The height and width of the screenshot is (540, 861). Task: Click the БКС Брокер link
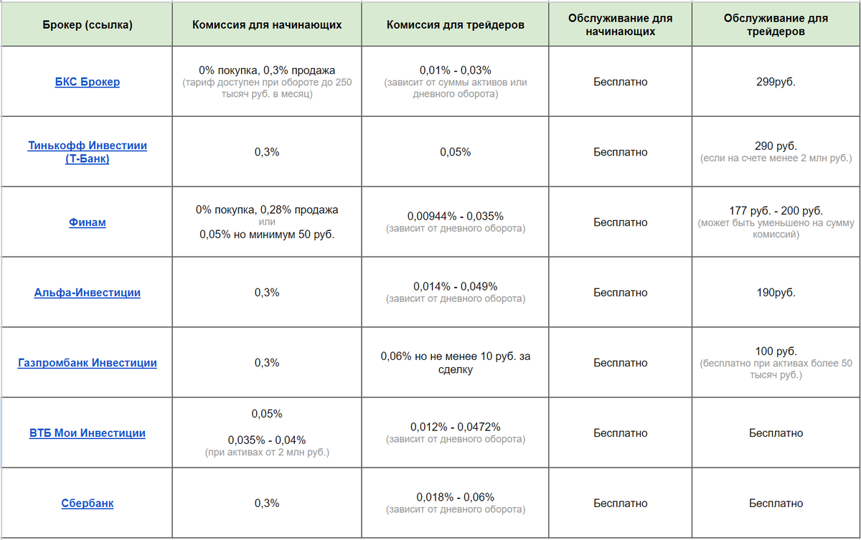click(87, 82)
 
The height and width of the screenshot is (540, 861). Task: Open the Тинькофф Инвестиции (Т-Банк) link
click(87, 146)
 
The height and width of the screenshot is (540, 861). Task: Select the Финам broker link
click(87, 222)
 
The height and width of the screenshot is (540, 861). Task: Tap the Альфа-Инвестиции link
click(87, 293)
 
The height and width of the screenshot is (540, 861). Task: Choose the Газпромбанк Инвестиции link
click(87, 363)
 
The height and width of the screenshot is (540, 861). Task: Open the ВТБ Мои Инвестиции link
click(87, 433)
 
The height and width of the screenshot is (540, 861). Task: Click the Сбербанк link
click(87, 503)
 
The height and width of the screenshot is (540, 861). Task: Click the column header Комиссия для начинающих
click(267, 24)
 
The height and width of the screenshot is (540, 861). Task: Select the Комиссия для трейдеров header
click(455, 24)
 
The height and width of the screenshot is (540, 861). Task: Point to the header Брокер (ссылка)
click(87, 24)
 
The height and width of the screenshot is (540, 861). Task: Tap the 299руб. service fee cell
click(776, 82)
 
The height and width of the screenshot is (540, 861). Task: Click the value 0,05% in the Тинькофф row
click(455, 152)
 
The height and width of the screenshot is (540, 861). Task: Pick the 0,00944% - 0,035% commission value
click(455, 216)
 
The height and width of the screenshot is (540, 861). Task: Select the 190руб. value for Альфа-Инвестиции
click(776, 293)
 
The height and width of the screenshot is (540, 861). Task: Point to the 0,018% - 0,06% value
click(455, 497)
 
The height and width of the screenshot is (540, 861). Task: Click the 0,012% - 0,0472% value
click(455, 427)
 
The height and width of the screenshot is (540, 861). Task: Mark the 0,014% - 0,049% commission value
click(455, 286)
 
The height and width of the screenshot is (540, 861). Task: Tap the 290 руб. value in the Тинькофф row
click(776, 146)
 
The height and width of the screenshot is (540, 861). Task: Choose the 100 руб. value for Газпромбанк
click(776, 351)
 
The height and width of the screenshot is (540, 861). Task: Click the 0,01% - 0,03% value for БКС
click(455, 70)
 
